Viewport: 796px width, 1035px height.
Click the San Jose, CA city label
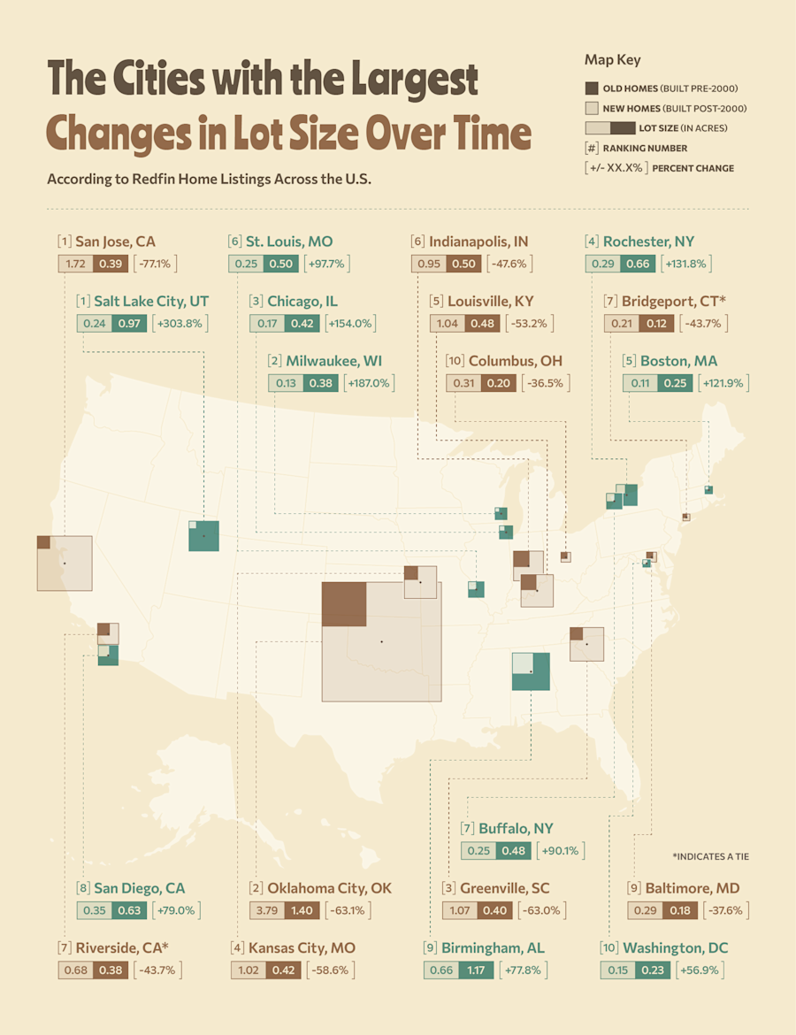[115, 241]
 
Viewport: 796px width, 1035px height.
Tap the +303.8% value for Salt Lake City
[181, 324]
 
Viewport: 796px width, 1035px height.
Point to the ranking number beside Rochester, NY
[592, 241]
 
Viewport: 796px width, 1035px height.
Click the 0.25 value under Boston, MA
[676, 383]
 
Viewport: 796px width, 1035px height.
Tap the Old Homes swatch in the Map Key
[592, 88]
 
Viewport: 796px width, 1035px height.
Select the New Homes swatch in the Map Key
[592, 108]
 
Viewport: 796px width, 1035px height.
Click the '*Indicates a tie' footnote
[710, 856]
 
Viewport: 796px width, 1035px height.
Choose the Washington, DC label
[675, 947]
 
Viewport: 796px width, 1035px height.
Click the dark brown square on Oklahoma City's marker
[344, 604]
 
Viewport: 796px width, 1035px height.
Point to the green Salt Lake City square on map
[204, 536]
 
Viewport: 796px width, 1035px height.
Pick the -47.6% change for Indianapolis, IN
[509, 264]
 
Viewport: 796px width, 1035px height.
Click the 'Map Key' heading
[612, 60]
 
